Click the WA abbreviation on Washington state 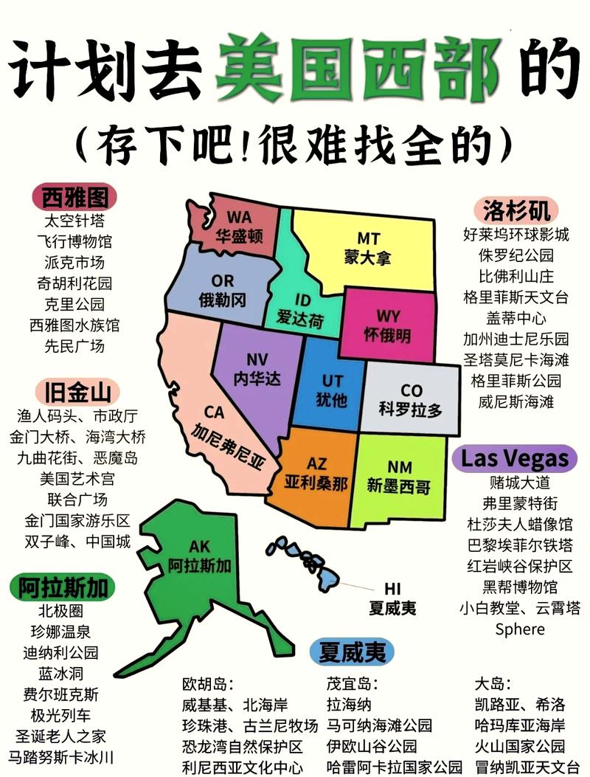pos(239,217)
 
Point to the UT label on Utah pos(333,381)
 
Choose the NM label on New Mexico pos(399,467)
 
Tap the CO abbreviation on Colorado pos(411,390)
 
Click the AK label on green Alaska pos(200,547)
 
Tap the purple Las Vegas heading pos(515,457)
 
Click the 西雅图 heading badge pos(75,197)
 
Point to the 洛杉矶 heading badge pos(516,210)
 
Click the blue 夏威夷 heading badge pos(347,652)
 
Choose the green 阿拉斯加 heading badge pos(63,587)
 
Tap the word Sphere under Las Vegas pos(520,629)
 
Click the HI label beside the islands pos(392,589)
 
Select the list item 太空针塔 pos(75,221)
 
